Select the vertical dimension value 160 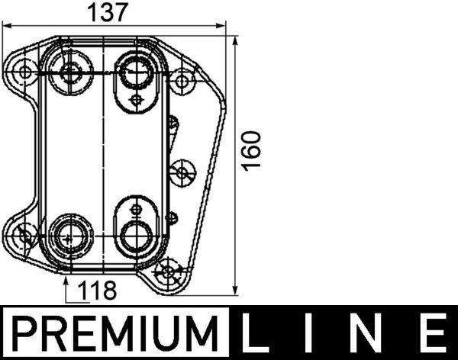click(253, 150)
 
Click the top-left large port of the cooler click(71, 74)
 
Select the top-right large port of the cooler click(135, 74)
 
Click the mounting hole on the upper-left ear click(26, 73)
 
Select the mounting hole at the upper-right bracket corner click(182, 79)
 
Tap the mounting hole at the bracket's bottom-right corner click(169, 271)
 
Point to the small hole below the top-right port click(136, 100)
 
